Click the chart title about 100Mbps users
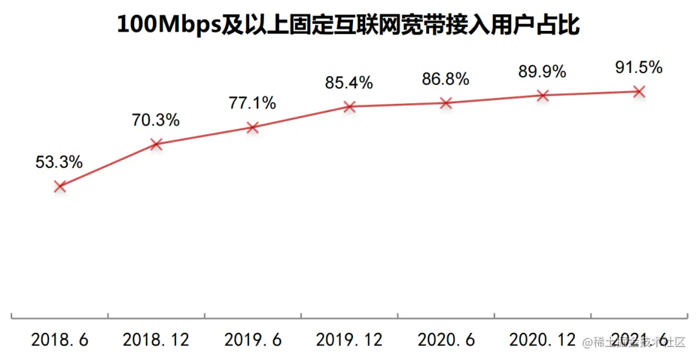point(348,25)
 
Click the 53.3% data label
point(59,163)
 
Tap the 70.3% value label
point(156,120)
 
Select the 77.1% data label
point(252,103)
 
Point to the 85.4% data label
point(348,83)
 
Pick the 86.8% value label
point(445,79)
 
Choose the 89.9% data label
point(542,72)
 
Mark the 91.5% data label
point(638,67)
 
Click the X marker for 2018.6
point(60,186)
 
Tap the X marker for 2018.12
point(156,145)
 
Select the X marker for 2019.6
point(252,128)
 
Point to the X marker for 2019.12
point(349,106)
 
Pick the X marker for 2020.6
point(445,103)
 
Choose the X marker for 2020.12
point(542,95)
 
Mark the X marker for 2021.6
point(638,92)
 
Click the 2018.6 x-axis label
point(59,339)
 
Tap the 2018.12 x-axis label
point(156,339)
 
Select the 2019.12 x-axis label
point(349,339)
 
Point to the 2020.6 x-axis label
point(446,339)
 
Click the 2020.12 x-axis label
point(542,339)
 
